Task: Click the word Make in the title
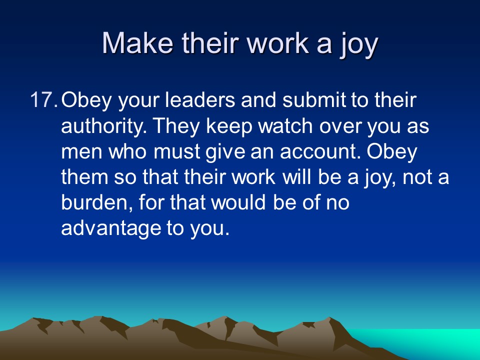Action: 137,43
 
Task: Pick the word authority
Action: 104,126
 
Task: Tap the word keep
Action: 229,126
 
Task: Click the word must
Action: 177,152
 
